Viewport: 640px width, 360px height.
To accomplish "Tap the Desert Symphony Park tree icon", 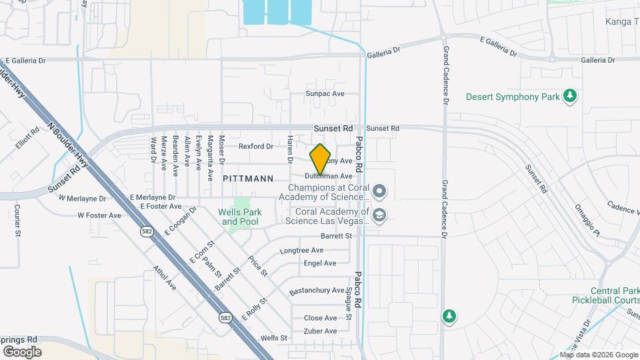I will (569, 97).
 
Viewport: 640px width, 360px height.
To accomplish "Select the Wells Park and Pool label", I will (240, 217).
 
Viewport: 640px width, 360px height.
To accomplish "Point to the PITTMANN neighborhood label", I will (248, 179).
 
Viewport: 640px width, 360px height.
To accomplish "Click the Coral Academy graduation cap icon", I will (379, 215).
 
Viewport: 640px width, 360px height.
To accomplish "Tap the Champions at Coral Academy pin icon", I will (379, 192).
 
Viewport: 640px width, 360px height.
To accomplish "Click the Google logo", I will (23, 351).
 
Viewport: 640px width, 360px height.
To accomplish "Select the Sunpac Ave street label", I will (325, 94).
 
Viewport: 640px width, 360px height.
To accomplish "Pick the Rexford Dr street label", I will (256, 146).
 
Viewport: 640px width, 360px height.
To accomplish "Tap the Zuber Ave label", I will (320, 331).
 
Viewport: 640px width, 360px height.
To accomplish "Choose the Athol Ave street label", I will (165, 279).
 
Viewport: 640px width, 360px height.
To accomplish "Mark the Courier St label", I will (17, 219).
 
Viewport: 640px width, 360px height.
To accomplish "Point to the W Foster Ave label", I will (99, 215).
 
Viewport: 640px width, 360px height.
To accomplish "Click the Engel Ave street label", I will (320, 263).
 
